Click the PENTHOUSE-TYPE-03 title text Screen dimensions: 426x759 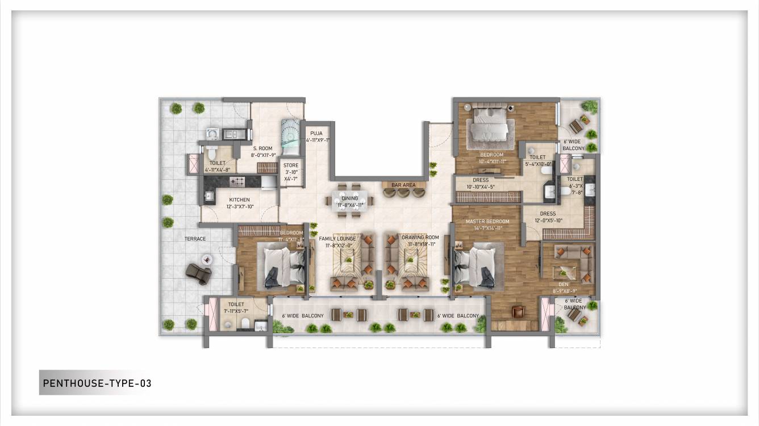coord(97,383)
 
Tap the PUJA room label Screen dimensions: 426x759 coord(316,134)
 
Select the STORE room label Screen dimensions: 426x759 coord(291,166)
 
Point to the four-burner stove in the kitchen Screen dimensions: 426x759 coord(237,181)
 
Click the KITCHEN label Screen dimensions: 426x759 coord(239,200)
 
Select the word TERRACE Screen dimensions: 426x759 coord(194,239)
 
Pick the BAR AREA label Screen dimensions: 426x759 coord(403,185)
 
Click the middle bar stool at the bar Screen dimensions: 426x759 coord(404,193)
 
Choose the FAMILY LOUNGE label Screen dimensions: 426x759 coord(337,238)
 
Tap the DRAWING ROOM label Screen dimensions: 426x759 coord(420,237)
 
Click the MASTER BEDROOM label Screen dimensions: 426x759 coord(487,221)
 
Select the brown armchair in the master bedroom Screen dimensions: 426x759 coord(518,312)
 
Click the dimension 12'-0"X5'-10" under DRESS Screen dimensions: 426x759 coord(548,221)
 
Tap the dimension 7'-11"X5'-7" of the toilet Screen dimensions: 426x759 coord(235,311)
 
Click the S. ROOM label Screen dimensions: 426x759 coord(262,148)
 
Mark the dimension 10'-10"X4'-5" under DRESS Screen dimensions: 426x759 coord(480,187)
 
